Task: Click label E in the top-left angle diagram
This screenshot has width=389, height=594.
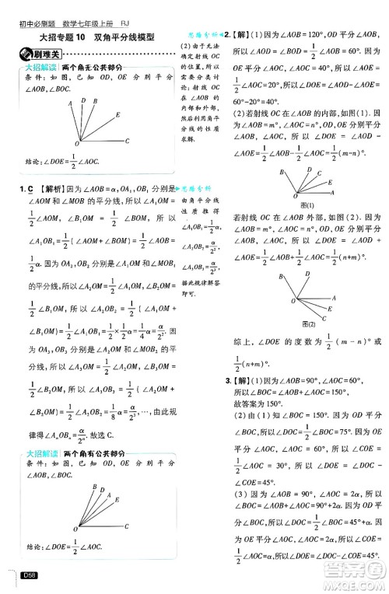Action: [117, 115]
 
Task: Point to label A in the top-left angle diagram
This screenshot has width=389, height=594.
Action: [71, 102]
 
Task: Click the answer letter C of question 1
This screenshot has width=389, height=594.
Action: [28, 188]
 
